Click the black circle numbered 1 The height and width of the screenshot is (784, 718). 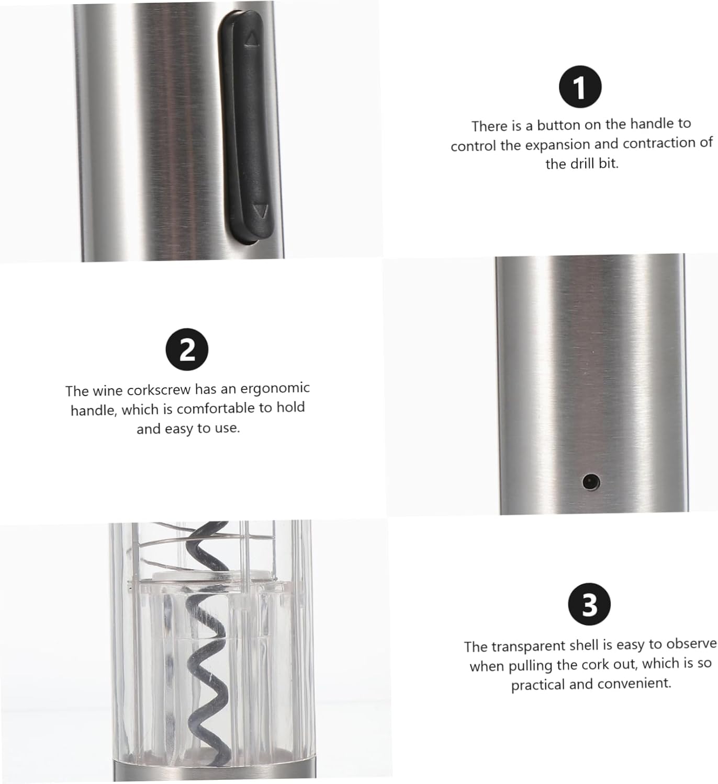580,87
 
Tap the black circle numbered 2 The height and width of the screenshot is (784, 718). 187,350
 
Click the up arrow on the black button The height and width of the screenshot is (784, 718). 252,39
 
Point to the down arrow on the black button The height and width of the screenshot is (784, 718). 260,211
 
